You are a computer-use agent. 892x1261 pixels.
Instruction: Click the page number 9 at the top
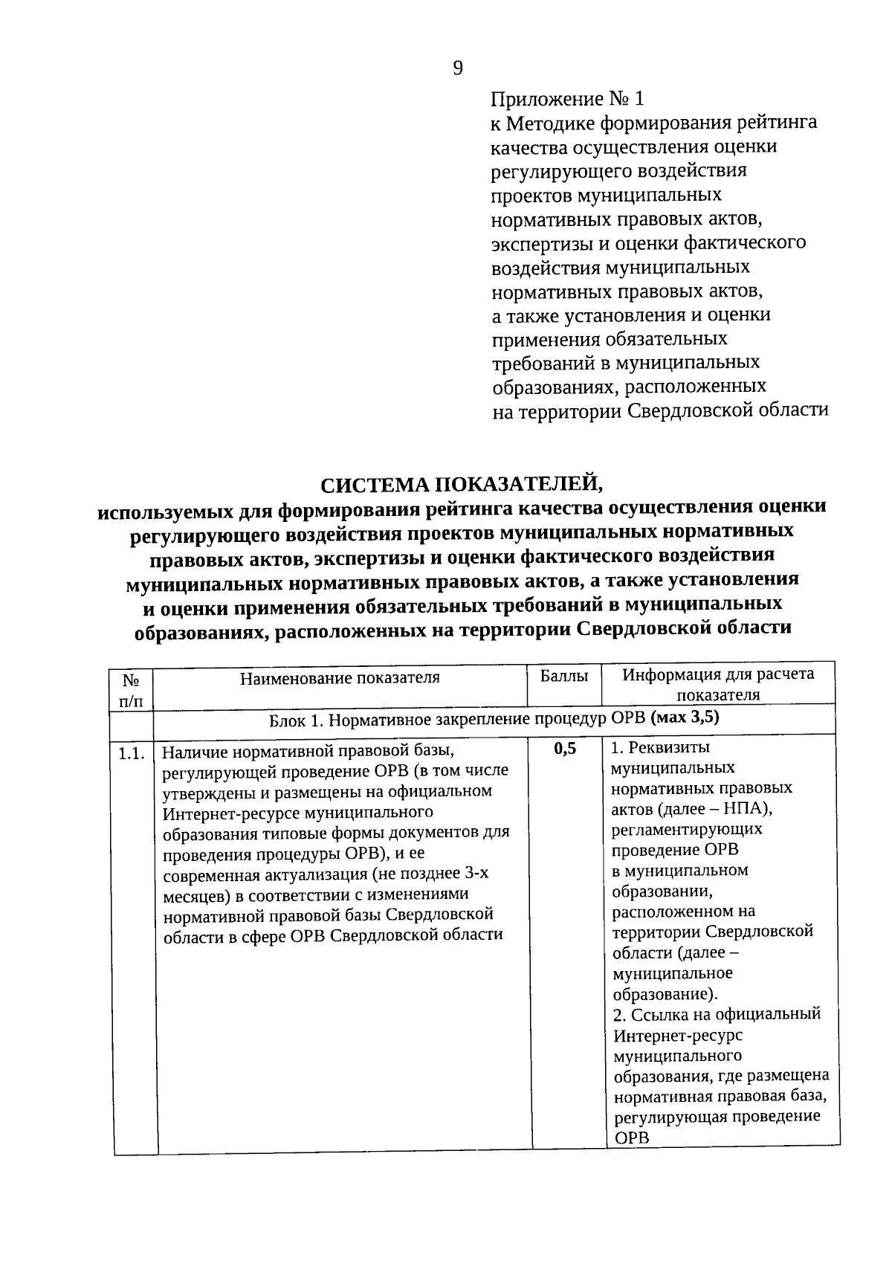pyautogui.click(x=458, y=68)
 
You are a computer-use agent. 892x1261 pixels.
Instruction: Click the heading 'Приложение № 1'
pyautogui.click(x=569, y=98)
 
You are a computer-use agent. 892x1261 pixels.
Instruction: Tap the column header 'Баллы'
pyautogui.click(x=564, y=676)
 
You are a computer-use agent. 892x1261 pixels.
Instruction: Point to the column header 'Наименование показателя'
pyautogui.click(x=340, y=677)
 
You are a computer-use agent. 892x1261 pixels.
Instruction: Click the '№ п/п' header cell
pyautogui.click(x=131, y=689)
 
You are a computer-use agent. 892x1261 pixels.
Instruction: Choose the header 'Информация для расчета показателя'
pyautogui.click(x=718, y=684)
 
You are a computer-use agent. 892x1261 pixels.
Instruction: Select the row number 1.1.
pyautogui.click(x=130, y=754)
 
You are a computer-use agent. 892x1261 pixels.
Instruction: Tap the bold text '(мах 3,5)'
pyautogui.click(x=685, y=718)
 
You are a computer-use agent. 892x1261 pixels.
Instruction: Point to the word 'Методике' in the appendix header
pyautogui.click(x=551, y=122)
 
